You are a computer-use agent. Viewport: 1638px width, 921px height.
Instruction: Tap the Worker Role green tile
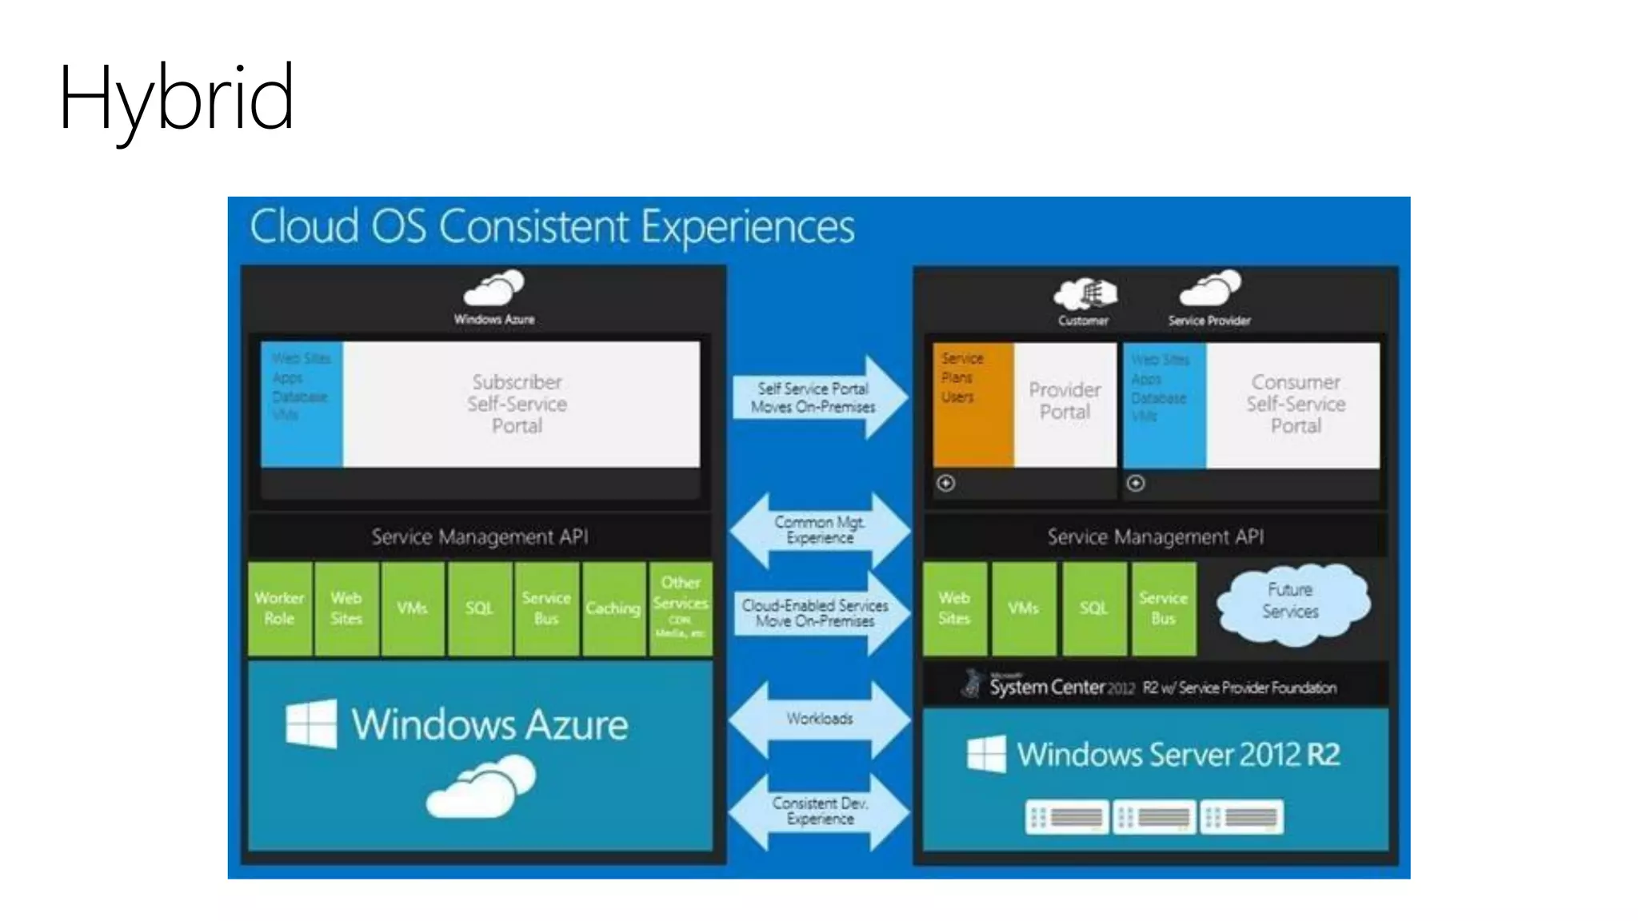pos(279,608)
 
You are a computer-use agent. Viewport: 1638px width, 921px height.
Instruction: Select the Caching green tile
pos(613,608)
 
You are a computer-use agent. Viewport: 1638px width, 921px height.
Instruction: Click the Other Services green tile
pos(680,608)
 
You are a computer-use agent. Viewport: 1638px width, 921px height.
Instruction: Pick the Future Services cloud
pos(1291,602)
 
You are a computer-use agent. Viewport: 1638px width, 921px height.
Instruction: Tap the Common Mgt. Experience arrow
pos(820,530)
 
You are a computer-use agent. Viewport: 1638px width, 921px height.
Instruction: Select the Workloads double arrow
pos(820,719)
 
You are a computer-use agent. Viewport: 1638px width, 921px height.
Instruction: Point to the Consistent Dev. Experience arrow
pos(820,811)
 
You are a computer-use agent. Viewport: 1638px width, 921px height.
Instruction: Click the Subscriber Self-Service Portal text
pos(517,404)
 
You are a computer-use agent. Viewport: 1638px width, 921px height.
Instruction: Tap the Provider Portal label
pos(1065,401)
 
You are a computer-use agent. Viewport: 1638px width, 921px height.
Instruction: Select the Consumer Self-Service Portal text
pos(1296,404)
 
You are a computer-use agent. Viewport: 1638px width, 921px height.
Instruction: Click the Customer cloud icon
pos(1085,294)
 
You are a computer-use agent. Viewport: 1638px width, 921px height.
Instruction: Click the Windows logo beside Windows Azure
pos(311,724)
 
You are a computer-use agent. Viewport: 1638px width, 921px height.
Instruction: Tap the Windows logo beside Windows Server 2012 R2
pos(986,754)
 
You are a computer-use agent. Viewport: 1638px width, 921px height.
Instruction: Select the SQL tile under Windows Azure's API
pos(479,608)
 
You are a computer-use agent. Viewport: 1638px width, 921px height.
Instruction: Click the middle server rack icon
pos(1154,817)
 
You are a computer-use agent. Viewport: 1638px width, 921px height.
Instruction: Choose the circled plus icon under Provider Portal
pos(946,483)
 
